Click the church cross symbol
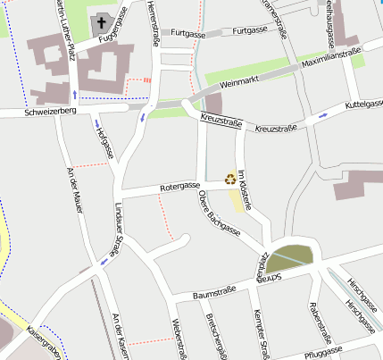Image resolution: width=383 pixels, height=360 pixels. tap(102, 22)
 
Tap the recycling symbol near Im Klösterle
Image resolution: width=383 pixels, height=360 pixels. tap(230, 179)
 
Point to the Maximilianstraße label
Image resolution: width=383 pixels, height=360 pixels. tap(331, 59)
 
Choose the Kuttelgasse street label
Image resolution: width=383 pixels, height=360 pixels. tap(356, 105)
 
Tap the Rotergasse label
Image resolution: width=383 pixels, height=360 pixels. tap(179, 187)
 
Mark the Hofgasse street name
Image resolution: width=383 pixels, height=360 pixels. tap(104, 143)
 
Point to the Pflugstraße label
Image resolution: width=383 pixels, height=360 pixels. tap(322, 354)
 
